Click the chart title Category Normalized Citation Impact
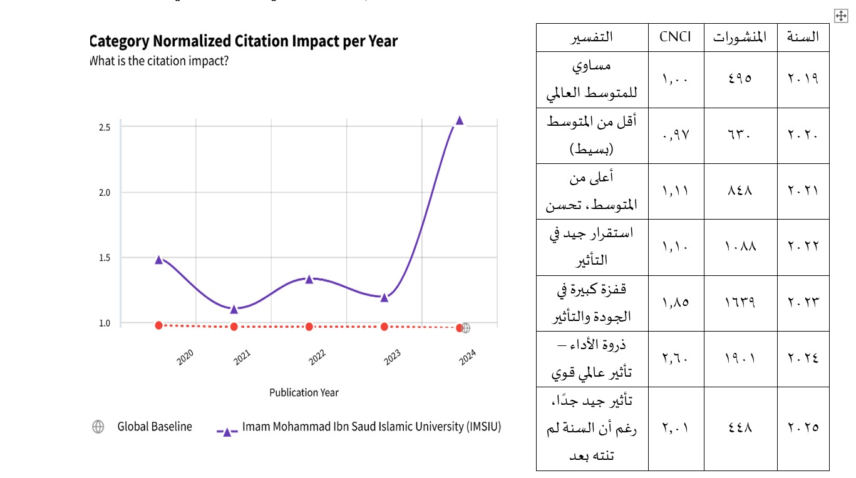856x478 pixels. coord(244,42)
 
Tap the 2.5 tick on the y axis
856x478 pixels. coord(105,127)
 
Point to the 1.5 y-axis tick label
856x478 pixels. coord(105,258)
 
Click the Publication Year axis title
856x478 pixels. coord(304,392)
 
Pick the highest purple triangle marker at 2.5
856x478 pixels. coord(459,120)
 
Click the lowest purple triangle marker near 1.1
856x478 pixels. coord(234,308)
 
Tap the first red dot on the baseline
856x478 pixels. coord(159,325)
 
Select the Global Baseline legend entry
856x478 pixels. coord(155,427)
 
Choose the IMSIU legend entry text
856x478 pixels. coord(371,427)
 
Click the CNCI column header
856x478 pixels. coord(676,37)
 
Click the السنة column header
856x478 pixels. coord(803,37)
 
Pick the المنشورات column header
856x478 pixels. coord(740,37)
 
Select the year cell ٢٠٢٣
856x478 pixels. coord(803,303)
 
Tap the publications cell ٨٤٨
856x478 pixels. coord(740,191)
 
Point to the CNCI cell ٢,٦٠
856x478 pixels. coord(676,358)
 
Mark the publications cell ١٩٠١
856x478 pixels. coord(740,358)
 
